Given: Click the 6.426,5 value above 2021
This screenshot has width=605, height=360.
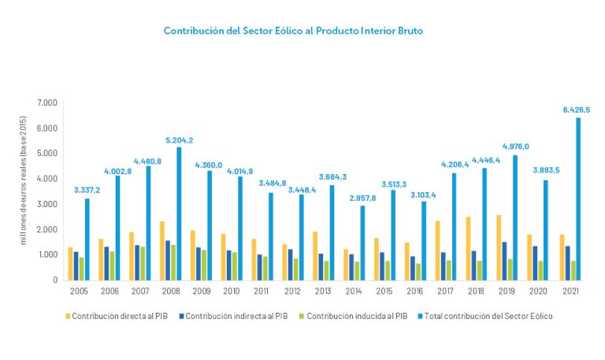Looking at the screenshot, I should pyautogui.click(x=575, y=109).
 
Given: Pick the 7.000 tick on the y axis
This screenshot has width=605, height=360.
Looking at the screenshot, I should pyautogui.click(x=47, y=103).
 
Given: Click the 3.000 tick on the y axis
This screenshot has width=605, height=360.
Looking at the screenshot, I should pyautogui.click(x=47, y=204).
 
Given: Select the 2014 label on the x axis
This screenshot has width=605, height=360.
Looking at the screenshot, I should pyautogui.click(x=354, y=291).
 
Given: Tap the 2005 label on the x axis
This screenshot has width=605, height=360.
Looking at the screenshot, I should pyautogui.click(x=78, y=291).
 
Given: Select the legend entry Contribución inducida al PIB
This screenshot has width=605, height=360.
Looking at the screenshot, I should pyautogui.click(x=357, y=316).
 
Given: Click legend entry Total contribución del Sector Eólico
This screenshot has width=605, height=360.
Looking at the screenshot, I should pyautogui.click(x=486, y=316).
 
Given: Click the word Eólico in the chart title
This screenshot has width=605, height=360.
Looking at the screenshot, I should pyautogui.click(x=283, y=31).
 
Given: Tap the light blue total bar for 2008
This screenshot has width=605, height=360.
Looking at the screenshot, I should pyautogui.click(x=180, y=213).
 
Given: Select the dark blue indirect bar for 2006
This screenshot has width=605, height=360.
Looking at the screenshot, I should pyautogui.click(x=108, y=263).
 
